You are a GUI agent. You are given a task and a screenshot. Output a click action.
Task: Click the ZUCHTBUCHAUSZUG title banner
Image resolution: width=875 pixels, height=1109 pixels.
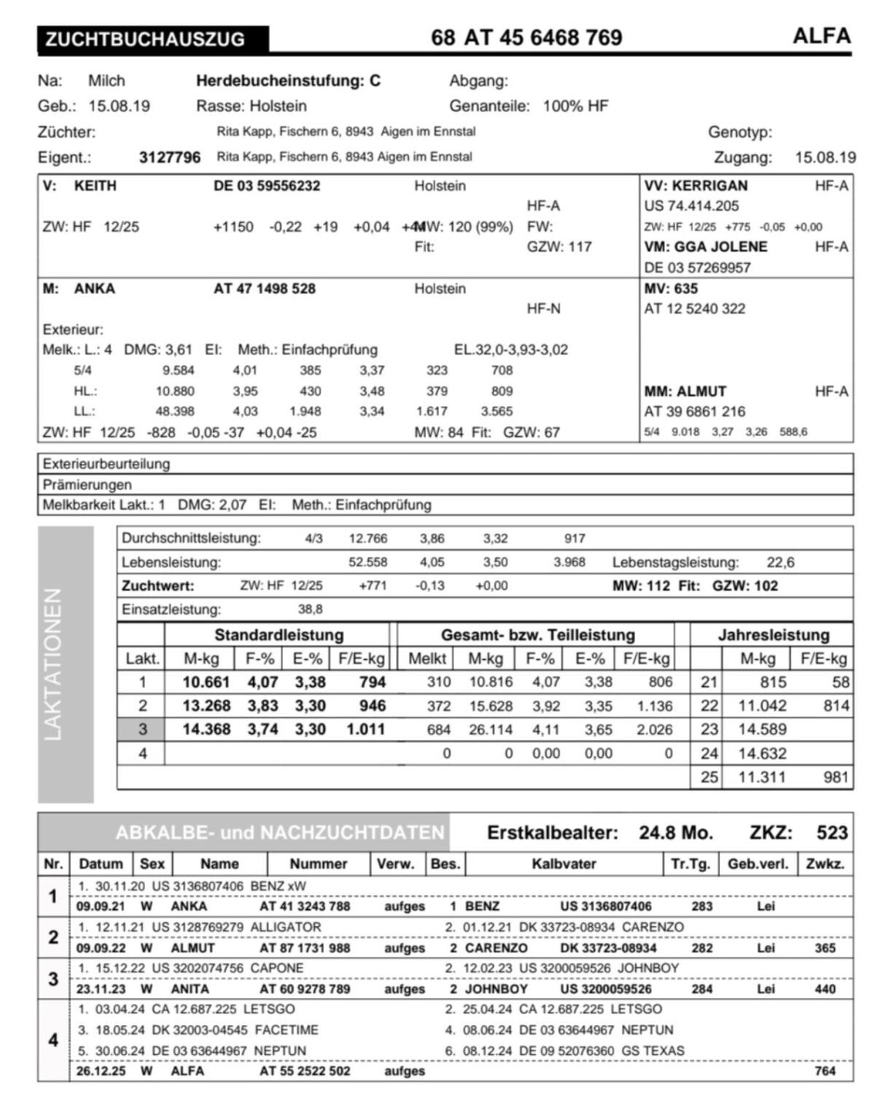coord(152,39)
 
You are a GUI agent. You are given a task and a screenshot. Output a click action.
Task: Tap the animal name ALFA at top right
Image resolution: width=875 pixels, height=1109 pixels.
coord(822,36)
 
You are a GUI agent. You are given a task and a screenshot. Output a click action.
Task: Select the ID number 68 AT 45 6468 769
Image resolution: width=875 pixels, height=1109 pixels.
coord(526,37)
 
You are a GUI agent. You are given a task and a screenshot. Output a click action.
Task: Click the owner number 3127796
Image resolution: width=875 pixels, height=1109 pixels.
coord(169,157)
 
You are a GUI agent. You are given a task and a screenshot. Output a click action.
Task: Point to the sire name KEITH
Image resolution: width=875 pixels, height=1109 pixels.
coord(95,186)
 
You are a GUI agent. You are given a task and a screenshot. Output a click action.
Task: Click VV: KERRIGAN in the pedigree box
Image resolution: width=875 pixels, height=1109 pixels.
coord(696,186)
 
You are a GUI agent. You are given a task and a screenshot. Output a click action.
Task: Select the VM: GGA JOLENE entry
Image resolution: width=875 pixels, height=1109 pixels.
coord(705,247)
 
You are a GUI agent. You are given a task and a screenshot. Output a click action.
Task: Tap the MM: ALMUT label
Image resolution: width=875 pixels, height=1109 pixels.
coord(685,392)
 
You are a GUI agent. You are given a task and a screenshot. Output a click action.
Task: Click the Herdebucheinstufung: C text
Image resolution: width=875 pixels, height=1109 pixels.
coord(288,81)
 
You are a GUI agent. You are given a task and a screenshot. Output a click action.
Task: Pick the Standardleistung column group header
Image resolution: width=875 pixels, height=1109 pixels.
coord(279,635)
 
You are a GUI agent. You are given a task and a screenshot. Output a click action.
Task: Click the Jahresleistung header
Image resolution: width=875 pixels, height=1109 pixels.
coord(774,635)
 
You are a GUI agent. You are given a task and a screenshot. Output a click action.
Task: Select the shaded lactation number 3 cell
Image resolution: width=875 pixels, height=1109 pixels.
coord(142,729)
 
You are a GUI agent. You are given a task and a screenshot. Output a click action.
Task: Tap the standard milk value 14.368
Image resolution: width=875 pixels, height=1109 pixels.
coord(206,729)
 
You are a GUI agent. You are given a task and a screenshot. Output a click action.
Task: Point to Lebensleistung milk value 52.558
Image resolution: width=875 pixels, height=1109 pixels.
coord(368,562)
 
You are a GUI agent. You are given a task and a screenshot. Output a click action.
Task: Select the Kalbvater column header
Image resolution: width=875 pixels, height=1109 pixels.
coord(564,864)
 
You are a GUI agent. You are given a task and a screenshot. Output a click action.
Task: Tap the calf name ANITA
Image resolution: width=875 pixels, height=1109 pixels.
coord(190,989)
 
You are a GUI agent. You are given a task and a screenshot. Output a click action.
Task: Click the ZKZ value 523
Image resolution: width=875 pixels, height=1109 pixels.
coord(832,833)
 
